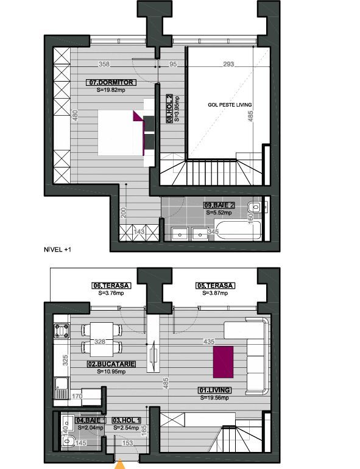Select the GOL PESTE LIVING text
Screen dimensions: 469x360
tap(229, 105)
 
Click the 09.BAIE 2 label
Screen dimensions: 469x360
tap(219, 206)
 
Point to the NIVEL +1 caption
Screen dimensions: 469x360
tap(57, 249)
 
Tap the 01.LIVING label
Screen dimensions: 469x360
tap(214, 390)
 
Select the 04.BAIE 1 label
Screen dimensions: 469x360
tap(91, 420)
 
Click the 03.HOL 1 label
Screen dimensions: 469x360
tap(127, 420)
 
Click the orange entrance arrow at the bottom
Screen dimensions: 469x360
tap(122, 465)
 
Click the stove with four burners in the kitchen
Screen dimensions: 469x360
tap(61, 331)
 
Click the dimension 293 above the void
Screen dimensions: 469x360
tap(228, 64)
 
